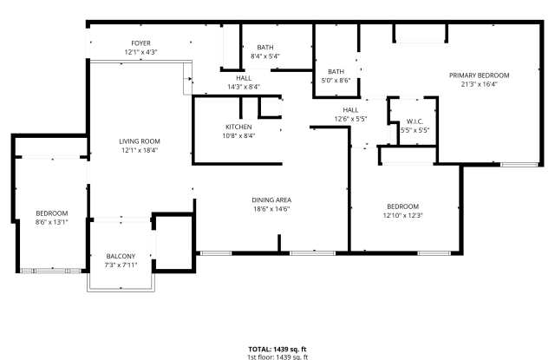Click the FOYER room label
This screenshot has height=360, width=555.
pos(140,43)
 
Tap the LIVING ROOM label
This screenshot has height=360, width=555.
pos(140,141)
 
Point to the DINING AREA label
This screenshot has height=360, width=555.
pos(271,200)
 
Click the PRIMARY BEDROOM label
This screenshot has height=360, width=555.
pos(479,75)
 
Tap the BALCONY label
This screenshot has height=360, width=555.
pos(121,256)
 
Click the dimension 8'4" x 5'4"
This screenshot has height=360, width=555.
pos(264,56)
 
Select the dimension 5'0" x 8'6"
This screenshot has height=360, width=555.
pos(336,80)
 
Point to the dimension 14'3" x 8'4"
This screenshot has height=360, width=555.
pos(243,87)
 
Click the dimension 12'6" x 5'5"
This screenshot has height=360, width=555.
pos(351,119)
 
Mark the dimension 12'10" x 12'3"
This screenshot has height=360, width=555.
pos(402,215)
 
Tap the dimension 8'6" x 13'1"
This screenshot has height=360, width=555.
pos(52,222)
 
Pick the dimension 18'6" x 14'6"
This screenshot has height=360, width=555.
pos(271,208)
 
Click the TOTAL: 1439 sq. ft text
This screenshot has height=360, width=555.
pos(277,349)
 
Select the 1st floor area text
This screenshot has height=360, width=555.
pos(277,357)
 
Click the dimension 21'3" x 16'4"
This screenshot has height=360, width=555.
pos(479,84)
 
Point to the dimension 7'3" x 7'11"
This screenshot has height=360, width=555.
pos(121,265)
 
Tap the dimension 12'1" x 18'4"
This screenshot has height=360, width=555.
pos(140,150)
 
